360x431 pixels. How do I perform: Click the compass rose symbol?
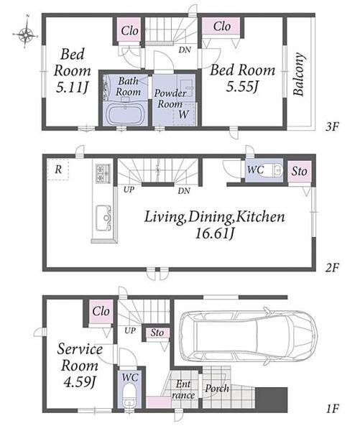[25, 34]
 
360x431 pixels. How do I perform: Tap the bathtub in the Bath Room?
[126, 114]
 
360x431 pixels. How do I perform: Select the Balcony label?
[299, 74]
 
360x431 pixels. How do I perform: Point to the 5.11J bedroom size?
[72, 88]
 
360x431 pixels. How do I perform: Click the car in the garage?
[247, 337]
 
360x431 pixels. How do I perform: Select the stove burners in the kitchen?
[103, 173]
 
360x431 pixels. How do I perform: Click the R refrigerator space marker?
[58, 170]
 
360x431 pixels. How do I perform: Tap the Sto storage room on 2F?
[299, 172]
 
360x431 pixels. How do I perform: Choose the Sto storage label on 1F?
[157, 333]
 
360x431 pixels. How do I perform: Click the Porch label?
[217, 389]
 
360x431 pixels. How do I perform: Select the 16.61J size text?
[215, 234]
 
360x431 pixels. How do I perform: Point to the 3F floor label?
[332, 126]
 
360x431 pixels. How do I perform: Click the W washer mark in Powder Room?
[183, 114]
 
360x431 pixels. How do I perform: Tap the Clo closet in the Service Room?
[101, 312]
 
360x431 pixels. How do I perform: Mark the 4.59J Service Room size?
[79, 382]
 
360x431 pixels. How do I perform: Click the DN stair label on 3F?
[185, 50]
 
